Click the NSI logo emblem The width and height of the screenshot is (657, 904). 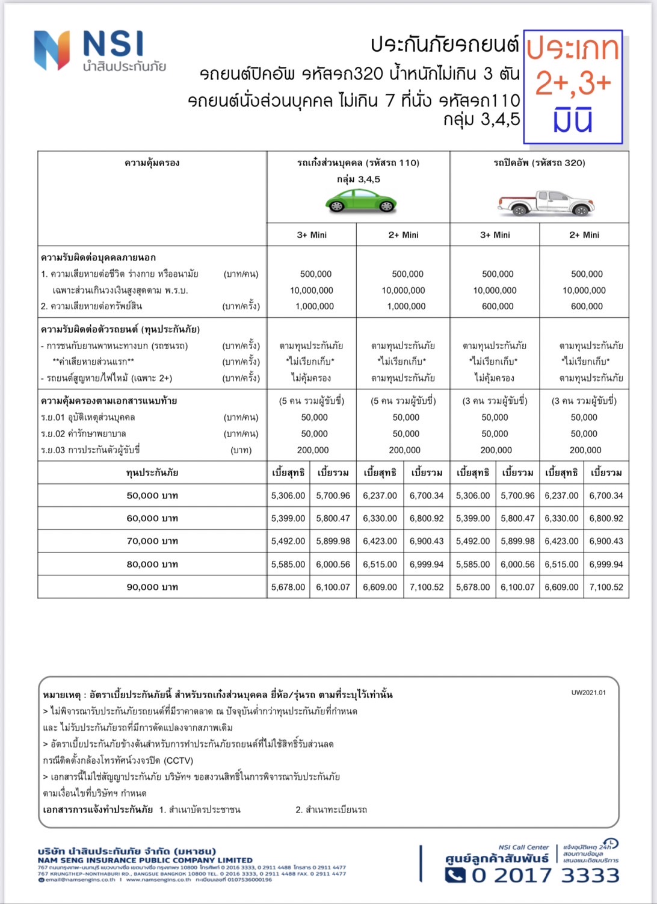pos(52,51)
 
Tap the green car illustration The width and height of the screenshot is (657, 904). pos(361,202)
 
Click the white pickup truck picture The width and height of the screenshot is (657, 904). pos(546,203)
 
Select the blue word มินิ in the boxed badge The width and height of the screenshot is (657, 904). pos(573,120)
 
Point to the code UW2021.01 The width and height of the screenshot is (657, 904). pos(588,693)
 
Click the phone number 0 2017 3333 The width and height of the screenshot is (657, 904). pos(545,875)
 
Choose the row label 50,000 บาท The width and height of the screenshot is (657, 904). pos(152,496)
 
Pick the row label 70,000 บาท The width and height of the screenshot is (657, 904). pos(152,541)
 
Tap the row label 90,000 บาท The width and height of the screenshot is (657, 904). pos(152,587)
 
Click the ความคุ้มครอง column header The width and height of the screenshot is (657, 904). pos(152,163)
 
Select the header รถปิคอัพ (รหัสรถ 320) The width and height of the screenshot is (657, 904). pos(539,163)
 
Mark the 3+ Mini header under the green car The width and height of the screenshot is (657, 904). pos(312,235)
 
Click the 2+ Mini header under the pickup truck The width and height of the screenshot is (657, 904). pos(584,235)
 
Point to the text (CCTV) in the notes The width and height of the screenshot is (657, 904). pos(178,760)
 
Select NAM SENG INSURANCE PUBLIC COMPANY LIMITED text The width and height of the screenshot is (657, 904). pos(145,860)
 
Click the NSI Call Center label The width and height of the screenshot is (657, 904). pos(523,847)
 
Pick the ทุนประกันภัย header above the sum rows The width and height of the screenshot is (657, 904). pos(152,473)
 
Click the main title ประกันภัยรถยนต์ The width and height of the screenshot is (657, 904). pos(445,45)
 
